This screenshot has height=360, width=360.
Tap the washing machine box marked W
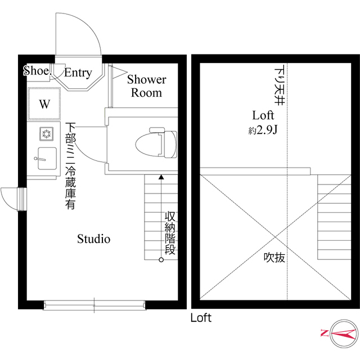(44, 104)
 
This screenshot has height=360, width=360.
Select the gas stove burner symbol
(45, 134)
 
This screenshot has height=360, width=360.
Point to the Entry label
(78, 73)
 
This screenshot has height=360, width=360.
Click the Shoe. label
(37, 70)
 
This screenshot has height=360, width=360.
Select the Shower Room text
(146, 85)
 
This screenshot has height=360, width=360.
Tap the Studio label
(93, 239)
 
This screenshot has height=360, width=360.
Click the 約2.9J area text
(261, 130)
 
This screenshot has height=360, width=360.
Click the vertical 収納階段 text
(170, 233)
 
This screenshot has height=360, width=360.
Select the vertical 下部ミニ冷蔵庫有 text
(70, 166)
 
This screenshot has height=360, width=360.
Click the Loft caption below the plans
(201, 318)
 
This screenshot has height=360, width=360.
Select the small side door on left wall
(12, 198)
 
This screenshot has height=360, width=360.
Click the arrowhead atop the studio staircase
(161, 177)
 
